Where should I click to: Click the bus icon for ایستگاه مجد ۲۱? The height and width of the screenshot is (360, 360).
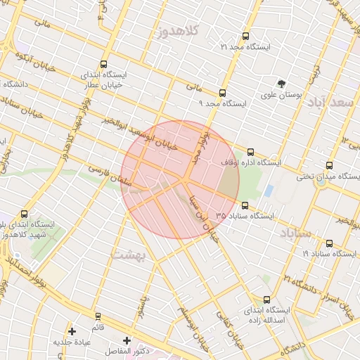pyautogui.click(x=245, y=36)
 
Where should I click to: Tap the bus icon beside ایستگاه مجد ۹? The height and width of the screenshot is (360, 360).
pyautogui.click(x=223, y=93)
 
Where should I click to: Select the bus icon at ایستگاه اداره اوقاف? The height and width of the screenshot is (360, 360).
pyautogui.click(x=251, y=152)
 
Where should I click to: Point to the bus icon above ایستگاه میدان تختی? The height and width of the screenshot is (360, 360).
pyautogui.click(x=330, y=166)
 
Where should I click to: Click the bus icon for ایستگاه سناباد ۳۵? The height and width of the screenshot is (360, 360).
pyautogui.click(x=245, y=205)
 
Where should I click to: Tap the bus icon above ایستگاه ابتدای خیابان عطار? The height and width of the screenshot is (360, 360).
pyautogui.click(x=105, y=64)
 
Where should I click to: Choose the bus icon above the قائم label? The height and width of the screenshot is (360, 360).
pyautogui.click(x=98, y=316)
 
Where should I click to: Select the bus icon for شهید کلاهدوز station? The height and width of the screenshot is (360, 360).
pyautogui.click(x=25, y=214)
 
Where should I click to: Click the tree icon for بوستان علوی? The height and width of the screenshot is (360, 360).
pyautogui.click(x=282, y=83)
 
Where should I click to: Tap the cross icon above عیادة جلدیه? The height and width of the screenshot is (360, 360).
pyautogui.click(x=72, y=331)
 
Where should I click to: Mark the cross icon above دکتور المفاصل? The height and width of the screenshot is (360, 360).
pyautogui.click(x=127, y=340)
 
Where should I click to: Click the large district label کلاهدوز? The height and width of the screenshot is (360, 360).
pyautogui.click(x=180, y=31)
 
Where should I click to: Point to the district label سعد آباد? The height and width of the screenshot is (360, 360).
pyautogui.click(x=330, y=102)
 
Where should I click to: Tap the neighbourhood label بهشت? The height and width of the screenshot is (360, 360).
pyautogui.click(x=129, y=255)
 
